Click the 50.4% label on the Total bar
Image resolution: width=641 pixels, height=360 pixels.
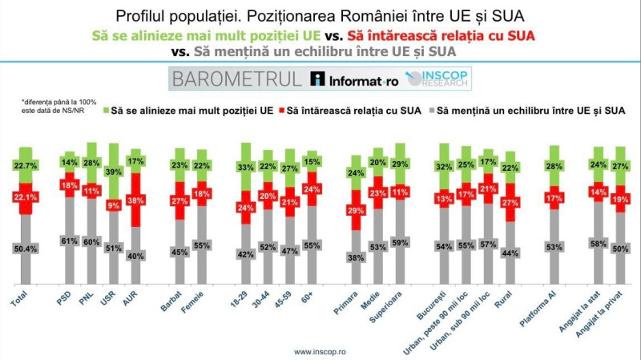pos(26,249)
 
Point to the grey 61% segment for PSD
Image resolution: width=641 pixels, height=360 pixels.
pos(69,241)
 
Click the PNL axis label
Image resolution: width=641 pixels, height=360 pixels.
pos(92,305)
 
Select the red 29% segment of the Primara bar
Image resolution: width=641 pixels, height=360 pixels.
pos(355,209)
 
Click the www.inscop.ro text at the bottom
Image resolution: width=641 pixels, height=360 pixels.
pos(320,351)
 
